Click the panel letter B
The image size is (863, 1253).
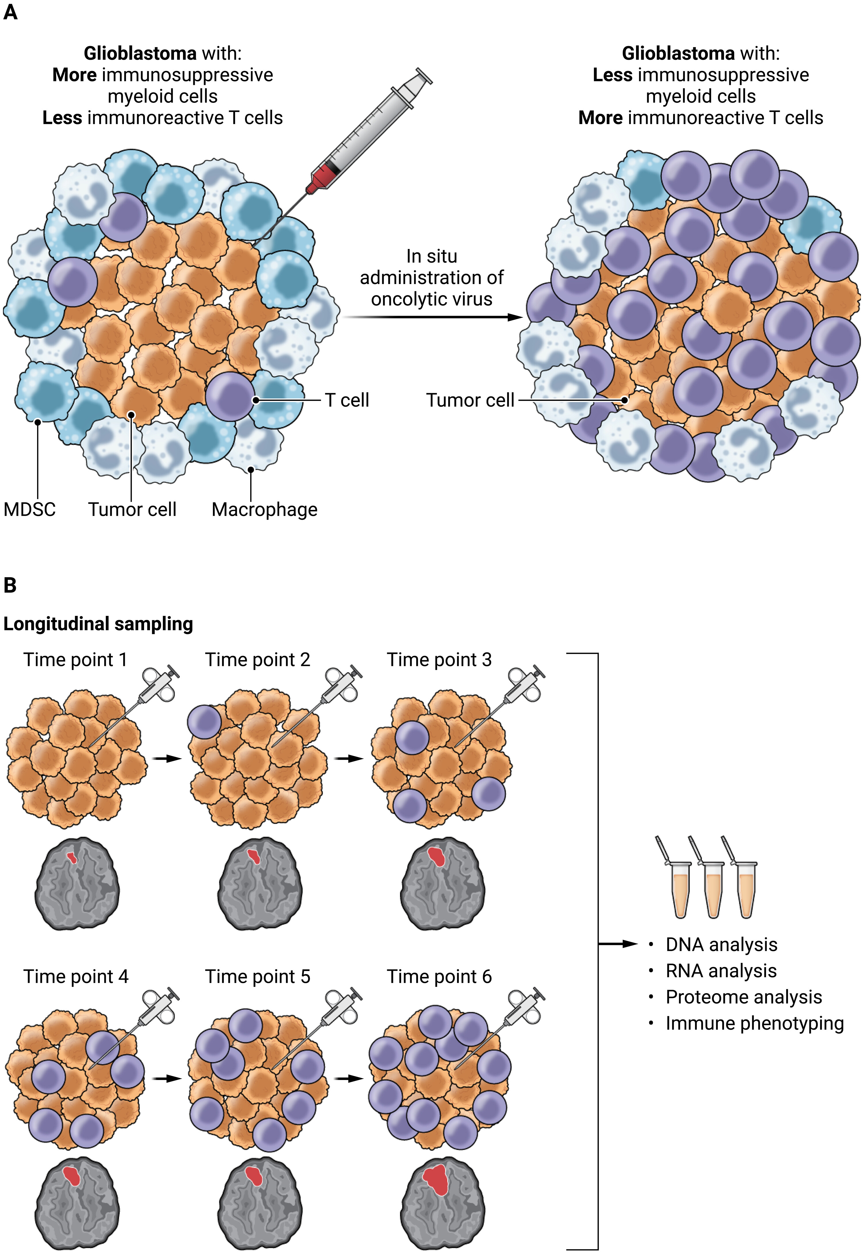[x=10, y=585]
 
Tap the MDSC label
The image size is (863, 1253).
[x=29, y=509]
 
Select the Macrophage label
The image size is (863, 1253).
[x=264, y=509]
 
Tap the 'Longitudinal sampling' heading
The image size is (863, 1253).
[x=98, y=624]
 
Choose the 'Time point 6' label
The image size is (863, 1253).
[x=439, y=977]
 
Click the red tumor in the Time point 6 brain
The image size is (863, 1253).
[x=436, y=1179]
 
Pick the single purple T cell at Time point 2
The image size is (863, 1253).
[x=205, y=722]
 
